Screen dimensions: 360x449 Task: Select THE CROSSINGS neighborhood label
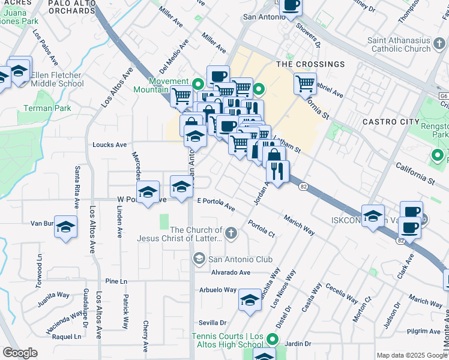(310, 64)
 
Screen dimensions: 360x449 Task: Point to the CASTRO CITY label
(391, 122)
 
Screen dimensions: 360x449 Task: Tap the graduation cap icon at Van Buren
(66, 226)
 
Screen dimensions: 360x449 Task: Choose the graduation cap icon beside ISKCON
(373, 215)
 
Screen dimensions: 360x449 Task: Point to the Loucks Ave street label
(110, 145)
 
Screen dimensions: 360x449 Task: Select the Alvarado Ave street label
(230, 272)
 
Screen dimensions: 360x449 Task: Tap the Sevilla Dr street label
(213, 322)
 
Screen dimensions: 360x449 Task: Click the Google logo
(20, 353)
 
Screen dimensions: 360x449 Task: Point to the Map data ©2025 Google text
(411, 355)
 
